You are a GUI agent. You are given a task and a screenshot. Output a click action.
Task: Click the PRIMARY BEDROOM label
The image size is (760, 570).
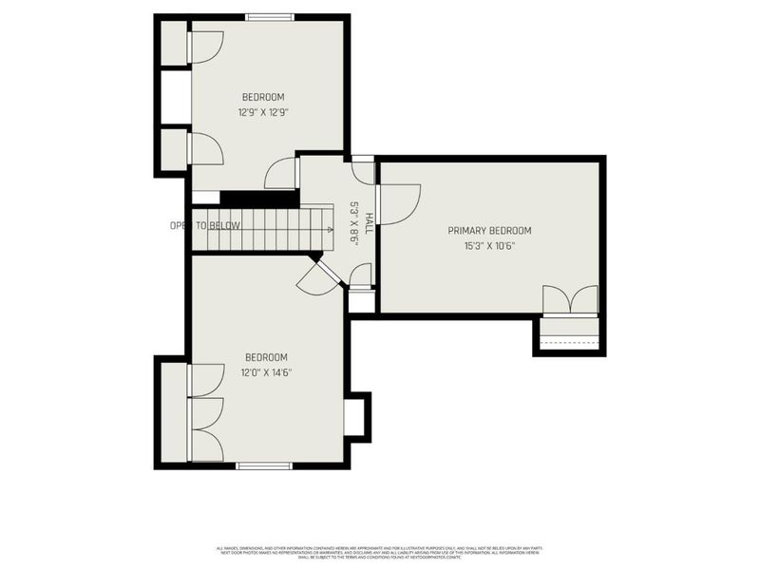coord(489,231)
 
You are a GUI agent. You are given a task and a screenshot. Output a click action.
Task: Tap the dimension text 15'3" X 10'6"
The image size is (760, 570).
coord(489,245)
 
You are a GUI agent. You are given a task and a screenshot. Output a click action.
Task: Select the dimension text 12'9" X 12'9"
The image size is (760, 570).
coord(263,111)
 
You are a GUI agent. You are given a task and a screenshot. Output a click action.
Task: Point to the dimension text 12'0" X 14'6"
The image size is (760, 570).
coord(265,372)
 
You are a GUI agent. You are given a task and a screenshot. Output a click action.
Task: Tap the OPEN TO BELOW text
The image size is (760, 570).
coord(204,225)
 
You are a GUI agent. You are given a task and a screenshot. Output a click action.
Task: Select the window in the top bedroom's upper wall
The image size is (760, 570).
coord(270,16)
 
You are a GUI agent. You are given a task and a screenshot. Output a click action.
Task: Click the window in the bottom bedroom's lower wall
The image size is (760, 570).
coord(263,465)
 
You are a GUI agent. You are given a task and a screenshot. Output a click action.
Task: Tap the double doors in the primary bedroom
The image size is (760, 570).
coord(570,300)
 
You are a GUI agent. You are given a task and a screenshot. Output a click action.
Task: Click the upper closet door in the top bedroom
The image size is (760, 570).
coord(205,47)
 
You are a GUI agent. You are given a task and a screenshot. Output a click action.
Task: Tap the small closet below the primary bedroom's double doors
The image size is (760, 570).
coord(569,334)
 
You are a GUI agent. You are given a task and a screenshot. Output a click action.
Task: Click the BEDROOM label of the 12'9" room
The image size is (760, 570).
coord(263,97)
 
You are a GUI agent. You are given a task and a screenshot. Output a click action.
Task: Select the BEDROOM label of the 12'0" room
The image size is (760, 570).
coord(265,357)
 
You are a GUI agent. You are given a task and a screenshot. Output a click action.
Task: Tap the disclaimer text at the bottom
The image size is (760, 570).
coord(380,554)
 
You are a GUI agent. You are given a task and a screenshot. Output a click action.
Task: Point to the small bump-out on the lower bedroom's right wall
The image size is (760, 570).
coord(356,417)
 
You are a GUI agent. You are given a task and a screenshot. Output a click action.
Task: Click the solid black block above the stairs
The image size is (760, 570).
coord(259,198)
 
